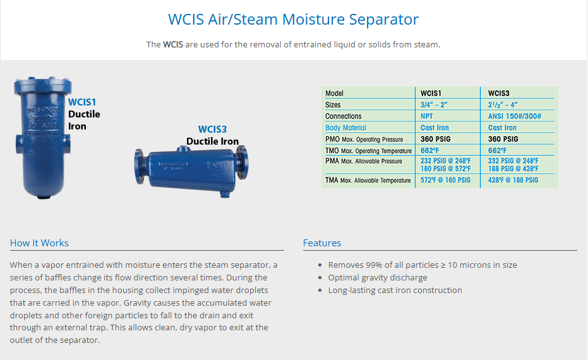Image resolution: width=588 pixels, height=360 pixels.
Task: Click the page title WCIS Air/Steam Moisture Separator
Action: pos(293,19)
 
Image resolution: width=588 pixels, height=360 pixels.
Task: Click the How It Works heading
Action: pos(39,243)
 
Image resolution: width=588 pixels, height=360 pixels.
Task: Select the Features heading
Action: pos(322,243)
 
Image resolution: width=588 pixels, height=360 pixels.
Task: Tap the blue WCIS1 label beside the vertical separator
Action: pos(82,102)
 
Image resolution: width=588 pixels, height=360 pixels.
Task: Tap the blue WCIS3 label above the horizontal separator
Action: pos(213,129)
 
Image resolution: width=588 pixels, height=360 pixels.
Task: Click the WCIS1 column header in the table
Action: pos(431,93)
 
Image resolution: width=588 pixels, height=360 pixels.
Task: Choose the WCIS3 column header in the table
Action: pos(499,93)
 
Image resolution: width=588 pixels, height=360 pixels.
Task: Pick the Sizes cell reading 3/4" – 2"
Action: pos(434,105)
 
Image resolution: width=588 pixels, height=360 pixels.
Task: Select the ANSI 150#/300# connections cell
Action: pos(515,116)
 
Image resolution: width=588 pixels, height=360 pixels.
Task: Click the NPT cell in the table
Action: pos(427,116)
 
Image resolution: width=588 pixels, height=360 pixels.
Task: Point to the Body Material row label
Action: pos(345,128)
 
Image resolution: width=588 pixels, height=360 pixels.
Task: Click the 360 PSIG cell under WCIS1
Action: pos(435,139)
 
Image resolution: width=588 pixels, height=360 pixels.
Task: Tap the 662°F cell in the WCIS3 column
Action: pos(497,150)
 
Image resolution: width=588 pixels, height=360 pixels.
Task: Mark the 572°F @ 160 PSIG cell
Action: pos(445,180)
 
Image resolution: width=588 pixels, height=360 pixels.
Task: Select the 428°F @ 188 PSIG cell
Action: pos(513,180)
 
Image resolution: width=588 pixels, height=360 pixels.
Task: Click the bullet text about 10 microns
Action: pos(423,265)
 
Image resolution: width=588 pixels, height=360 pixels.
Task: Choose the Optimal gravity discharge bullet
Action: pos(378,277)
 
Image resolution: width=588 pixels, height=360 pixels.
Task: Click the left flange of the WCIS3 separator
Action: pos(140,167)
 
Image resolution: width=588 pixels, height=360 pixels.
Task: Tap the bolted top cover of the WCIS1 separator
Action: pos(42,86)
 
